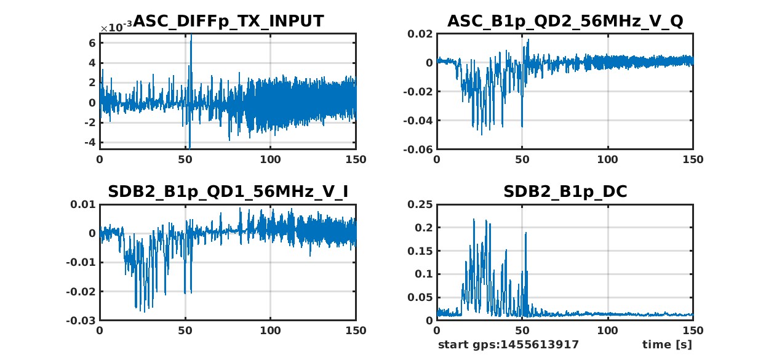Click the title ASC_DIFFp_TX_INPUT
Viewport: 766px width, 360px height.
228,21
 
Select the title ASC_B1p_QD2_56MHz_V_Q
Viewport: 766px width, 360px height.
565,21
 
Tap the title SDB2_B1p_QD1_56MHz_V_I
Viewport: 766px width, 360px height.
228,192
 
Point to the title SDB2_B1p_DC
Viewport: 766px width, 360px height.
565,192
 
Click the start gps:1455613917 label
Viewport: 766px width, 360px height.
508,344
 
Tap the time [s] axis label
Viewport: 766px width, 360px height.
667,344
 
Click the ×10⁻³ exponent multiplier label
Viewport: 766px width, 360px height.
115,28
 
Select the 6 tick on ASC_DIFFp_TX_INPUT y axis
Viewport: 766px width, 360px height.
92,43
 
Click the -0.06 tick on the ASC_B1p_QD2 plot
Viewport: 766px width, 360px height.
418,150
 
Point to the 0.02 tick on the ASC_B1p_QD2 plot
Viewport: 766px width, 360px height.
421,34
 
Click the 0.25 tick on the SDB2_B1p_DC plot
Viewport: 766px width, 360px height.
421,204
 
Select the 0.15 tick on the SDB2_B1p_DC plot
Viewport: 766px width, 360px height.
421,251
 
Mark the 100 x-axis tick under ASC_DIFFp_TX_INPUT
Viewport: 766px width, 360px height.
271,159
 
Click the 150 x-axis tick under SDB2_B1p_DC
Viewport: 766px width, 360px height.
693,330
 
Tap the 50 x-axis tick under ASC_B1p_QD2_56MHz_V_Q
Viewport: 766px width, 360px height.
522,159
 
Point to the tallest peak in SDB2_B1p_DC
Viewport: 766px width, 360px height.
474,219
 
